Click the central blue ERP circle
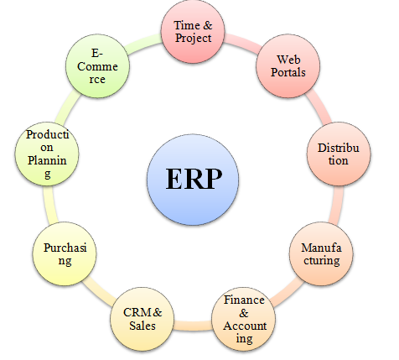point(193,180)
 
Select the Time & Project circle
point(193,31)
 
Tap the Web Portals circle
point(288,66)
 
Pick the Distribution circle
point(339,154)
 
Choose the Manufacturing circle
point(321,253)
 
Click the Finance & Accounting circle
point(244,319)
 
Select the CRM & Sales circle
point(142,319)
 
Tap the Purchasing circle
point(65,253)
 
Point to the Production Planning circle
point(47,154)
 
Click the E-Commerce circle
point(98,66)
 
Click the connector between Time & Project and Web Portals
point(242,41)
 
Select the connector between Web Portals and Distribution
point(319,108)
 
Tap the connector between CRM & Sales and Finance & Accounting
point(193,326)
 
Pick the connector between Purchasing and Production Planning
point(50,205)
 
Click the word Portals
point(288,72)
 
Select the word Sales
point(142,326)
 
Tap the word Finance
point(244,300)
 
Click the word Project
point(193,39)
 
